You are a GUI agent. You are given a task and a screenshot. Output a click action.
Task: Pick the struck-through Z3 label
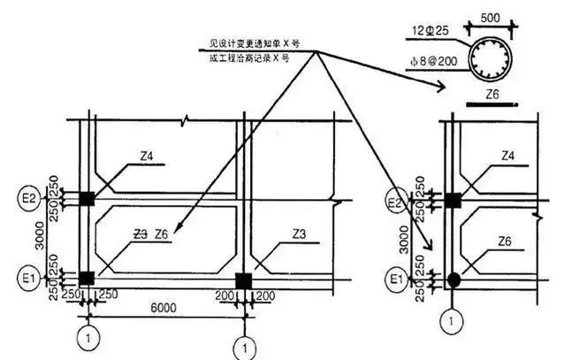(x=140, y=234)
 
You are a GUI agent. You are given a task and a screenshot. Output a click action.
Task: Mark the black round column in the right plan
(x=453, y=280)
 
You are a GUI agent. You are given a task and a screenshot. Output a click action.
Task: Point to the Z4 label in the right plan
(x=507, y=157)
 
